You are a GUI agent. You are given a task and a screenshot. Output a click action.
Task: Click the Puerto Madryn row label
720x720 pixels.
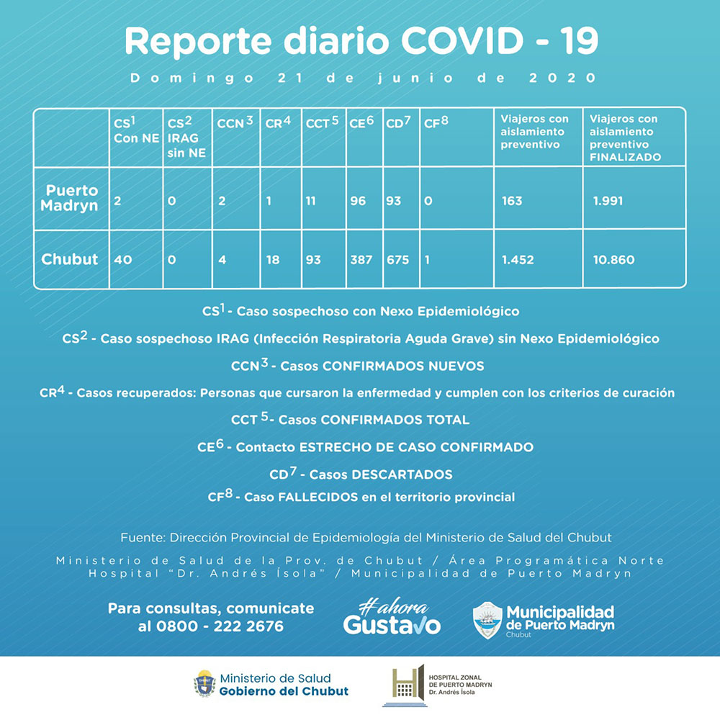click(71, 198)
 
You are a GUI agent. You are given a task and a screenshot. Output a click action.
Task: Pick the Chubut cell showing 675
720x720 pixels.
click(399, 260)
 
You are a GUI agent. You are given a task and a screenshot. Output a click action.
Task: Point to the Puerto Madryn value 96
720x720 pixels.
click(358, 201)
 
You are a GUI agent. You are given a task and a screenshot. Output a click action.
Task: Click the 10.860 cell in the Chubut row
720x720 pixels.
click(613, 260)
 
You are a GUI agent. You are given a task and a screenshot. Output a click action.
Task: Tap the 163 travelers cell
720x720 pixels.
click(512, 201)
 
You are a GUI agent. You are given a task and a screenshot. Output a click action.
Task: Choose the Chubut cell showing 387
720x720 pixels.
click(361, 260)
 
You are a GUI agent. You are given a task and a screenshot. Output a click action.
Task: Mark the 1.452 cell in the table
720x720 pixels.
click(518, 260)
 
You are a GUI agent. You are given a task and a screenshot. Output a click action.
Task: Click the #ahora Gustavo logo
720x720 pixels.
click(392, 618)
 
